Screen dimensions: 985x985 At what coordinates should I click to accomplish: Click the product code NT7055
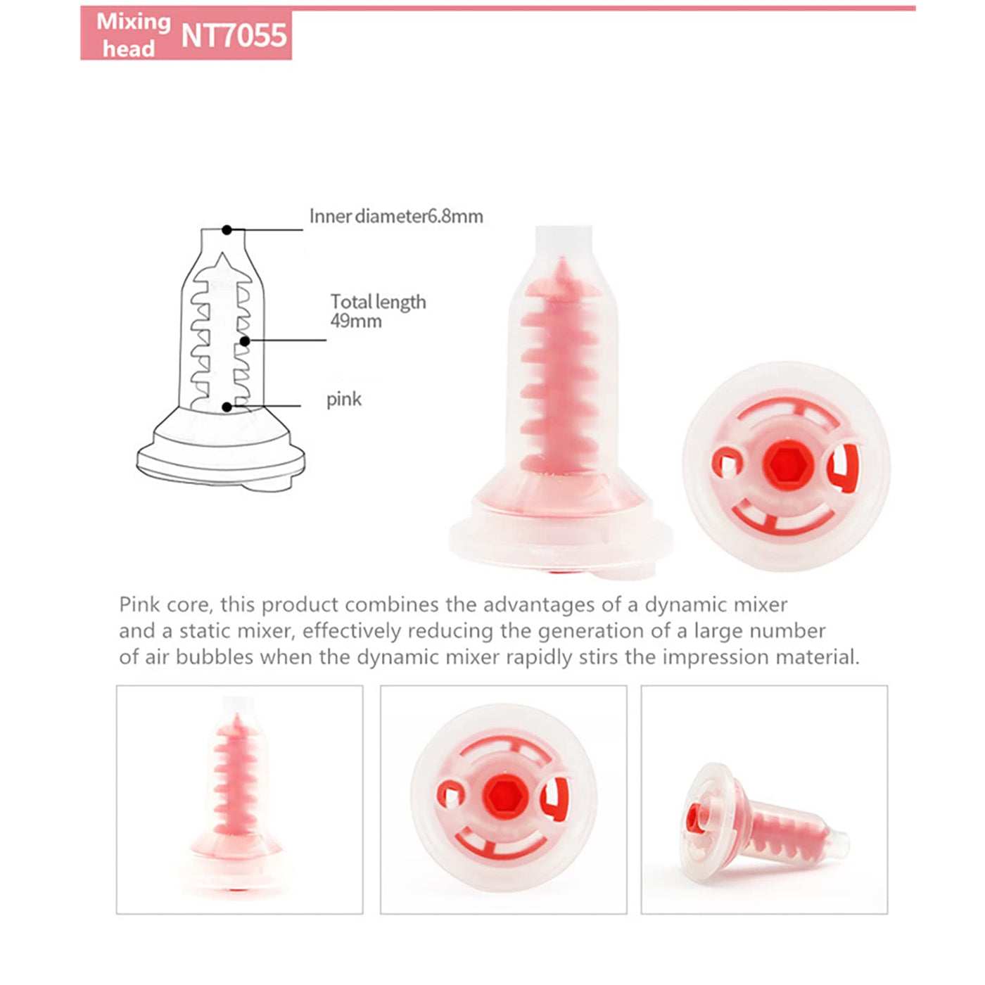(x=234, y=35)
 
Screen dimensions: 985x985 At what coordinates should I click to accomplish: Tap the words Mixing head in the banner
(x=133, y=35)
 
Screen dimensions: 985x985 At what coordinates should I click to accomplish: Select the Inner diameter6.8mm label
(x=396, y=216)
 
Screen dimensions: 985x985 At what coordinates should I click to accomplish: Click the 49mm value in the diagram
(x=356, y=321)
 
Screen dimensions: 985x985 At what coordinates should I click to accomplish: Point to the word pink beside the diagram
(x=343, y=399)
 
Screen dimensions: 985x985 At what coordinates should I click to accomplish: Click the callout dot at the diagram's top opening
(x=227, y=230)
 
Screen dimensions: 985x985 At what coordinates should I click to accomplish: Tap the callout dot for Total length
(x=245, y=341)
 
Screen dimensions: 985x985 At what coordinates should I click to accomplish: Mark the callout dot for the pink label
(x=227, y=407)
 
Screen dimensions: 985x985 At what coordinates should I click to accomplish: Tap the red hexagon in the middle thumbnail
(x=504, y=795)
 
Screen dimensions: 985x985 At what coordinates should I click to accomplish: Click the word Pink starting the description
(x=136, y=604)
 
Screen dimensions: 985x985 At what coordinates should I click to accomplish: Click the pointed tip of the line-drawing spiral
(x=222, y=254)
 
